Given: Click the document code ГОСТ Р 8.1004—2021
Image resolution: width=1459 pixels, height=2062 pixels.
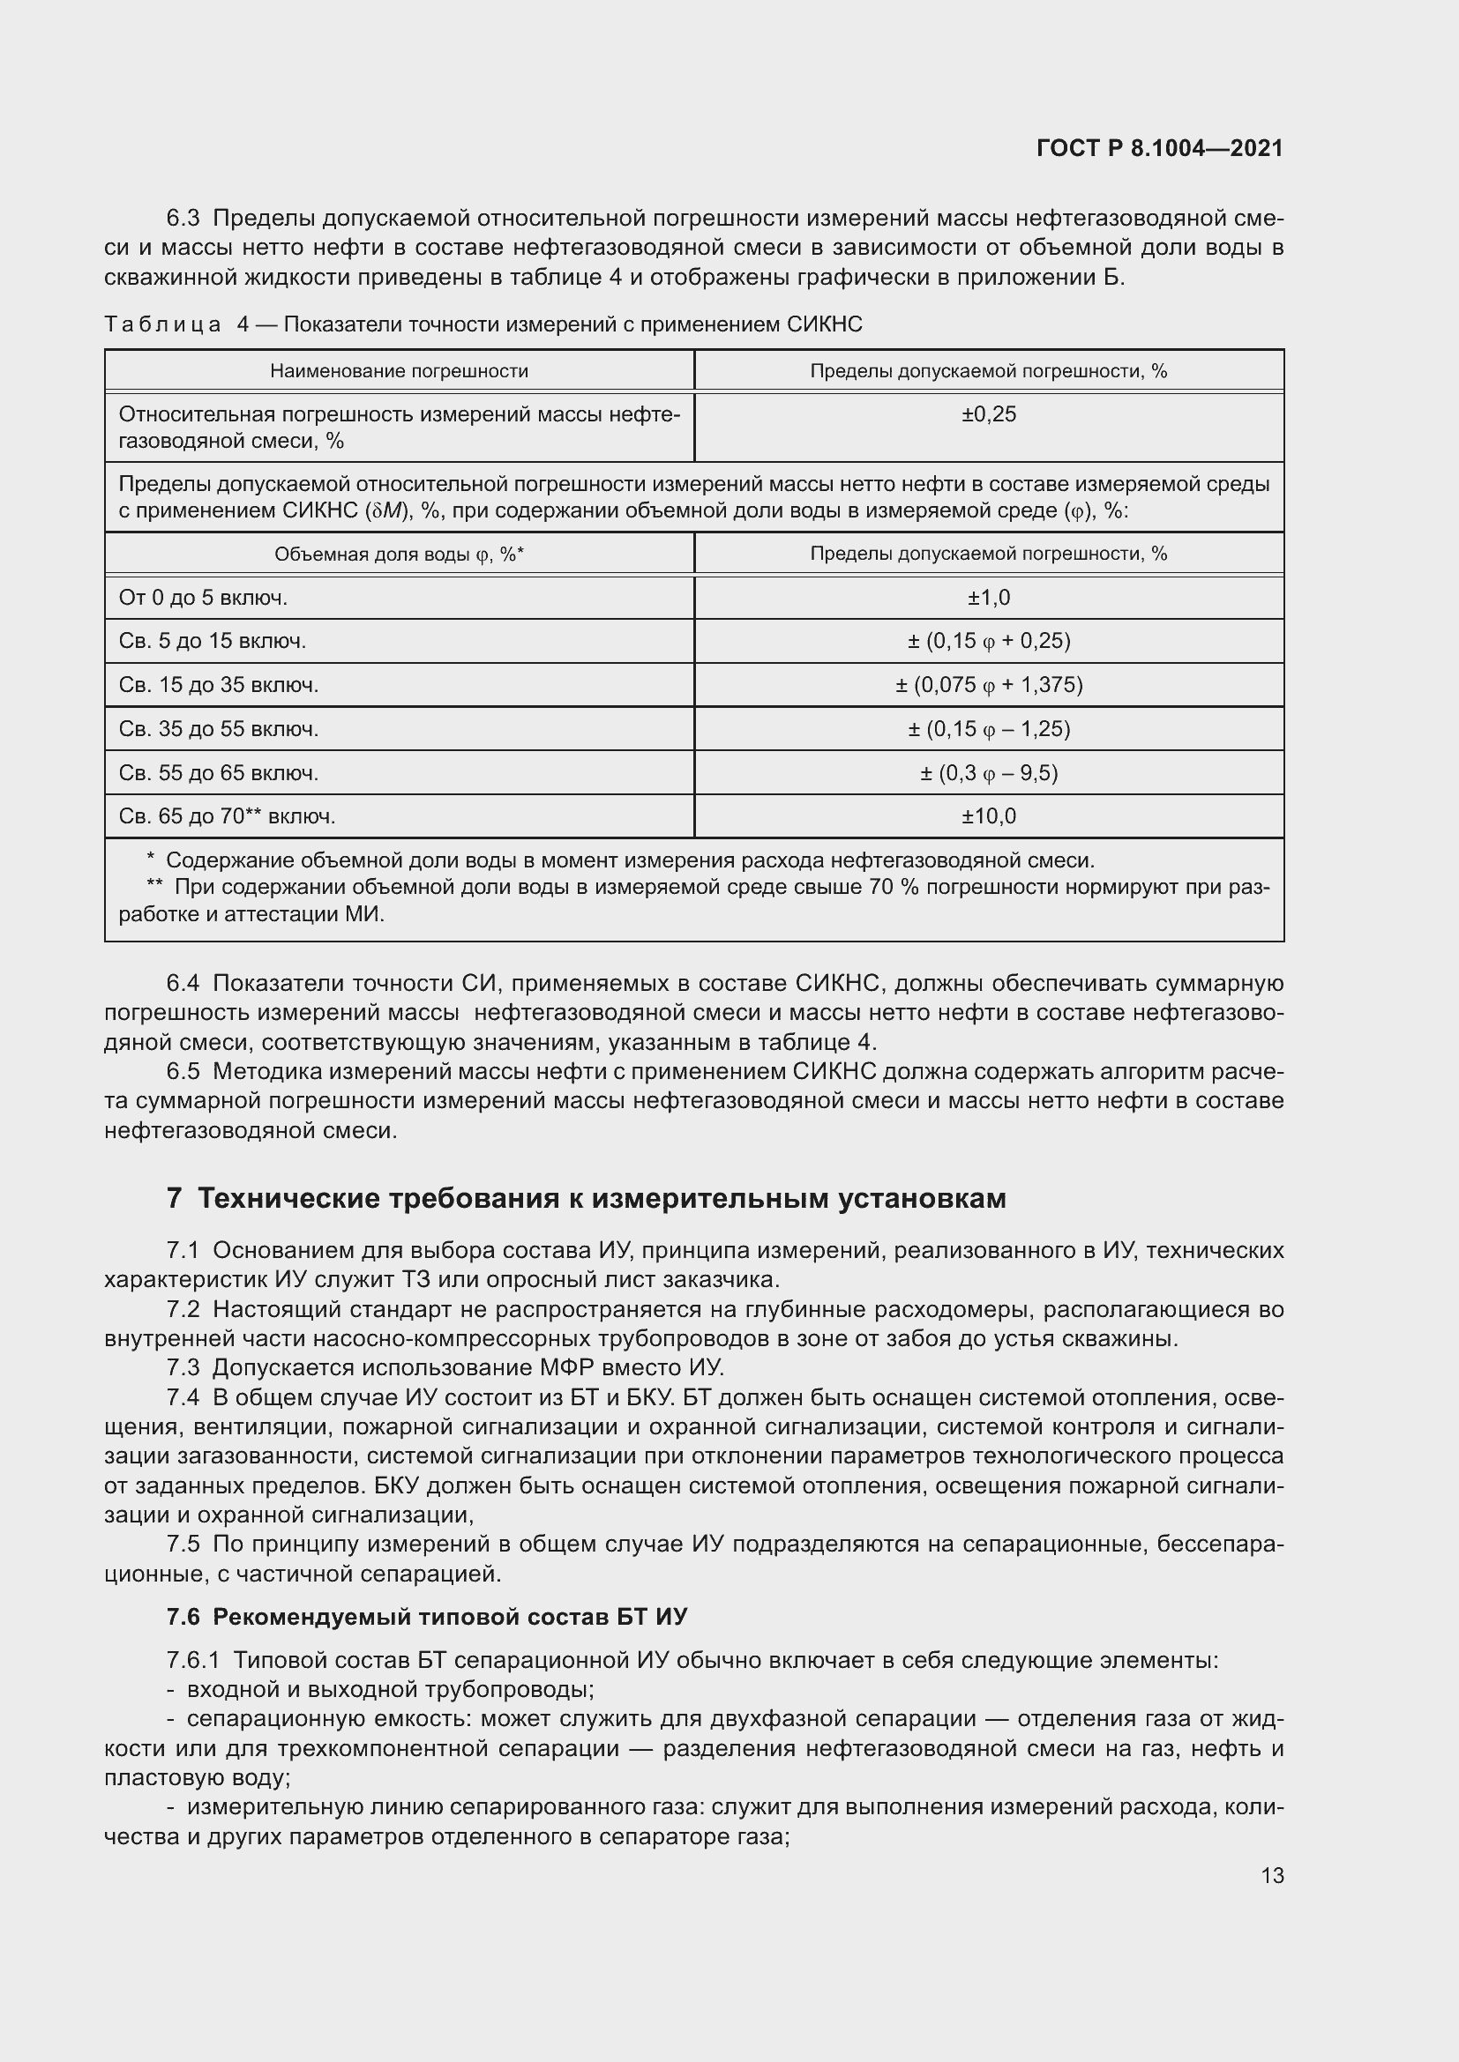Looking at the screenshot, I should tap(1159, 148).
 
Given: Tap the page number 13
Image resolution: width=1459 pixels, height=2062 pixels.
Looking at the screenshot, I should tap(1272, 1875).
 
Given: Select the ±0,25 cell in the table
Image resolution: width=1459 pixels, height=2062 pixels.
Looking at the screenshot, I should tap(988, 415).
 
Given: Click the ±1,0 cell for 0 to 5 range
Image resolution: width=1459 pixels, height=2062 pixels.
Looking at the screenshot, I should tap(988, 598).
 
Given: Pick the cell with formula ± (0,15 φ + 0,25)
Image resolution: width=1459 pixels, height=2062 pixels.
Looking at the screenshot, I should tap(988, 641).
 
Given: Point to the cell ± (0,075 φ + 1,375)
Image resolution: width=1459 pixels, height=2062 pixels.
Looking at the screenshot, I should tap(988, 685).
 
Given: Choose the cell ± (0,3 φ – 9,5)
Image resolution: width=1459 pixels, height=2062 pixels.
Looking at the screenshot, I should tap(988, 773).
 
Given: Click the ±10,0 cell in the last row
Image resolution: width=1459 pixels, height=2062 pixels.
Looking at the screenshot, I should tap(988, 816).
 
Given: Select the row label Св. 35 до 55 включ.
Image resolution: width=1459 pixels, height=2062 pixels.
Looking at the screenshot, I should tap(218, 729).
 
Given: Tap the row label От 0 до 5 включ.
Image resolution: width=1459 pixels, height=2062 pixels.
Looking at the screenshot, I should tap(203, 598).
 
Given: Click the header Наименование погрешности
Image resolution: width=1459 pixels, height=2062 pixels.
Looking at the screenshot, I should tap(399, 371).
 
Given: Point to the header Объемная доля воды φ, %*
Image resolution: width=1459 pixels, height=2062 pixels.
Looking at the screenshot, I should tap(399, 555).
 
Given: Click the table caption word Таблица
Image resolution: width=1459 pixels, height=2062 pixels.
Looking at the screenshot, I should tap(162, 324).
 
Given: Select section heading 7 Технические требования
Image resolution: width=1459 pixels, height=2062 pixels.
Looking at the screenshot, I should tap(586, 1198).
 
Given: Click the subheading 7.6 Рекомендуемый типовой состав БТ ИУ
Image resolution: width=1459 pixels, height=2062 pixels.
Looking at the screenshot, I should tap(427, 1617).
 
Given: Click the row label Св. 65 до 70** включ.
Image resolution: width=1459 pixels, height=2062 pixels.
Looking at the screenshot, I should tap(228, 816).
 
